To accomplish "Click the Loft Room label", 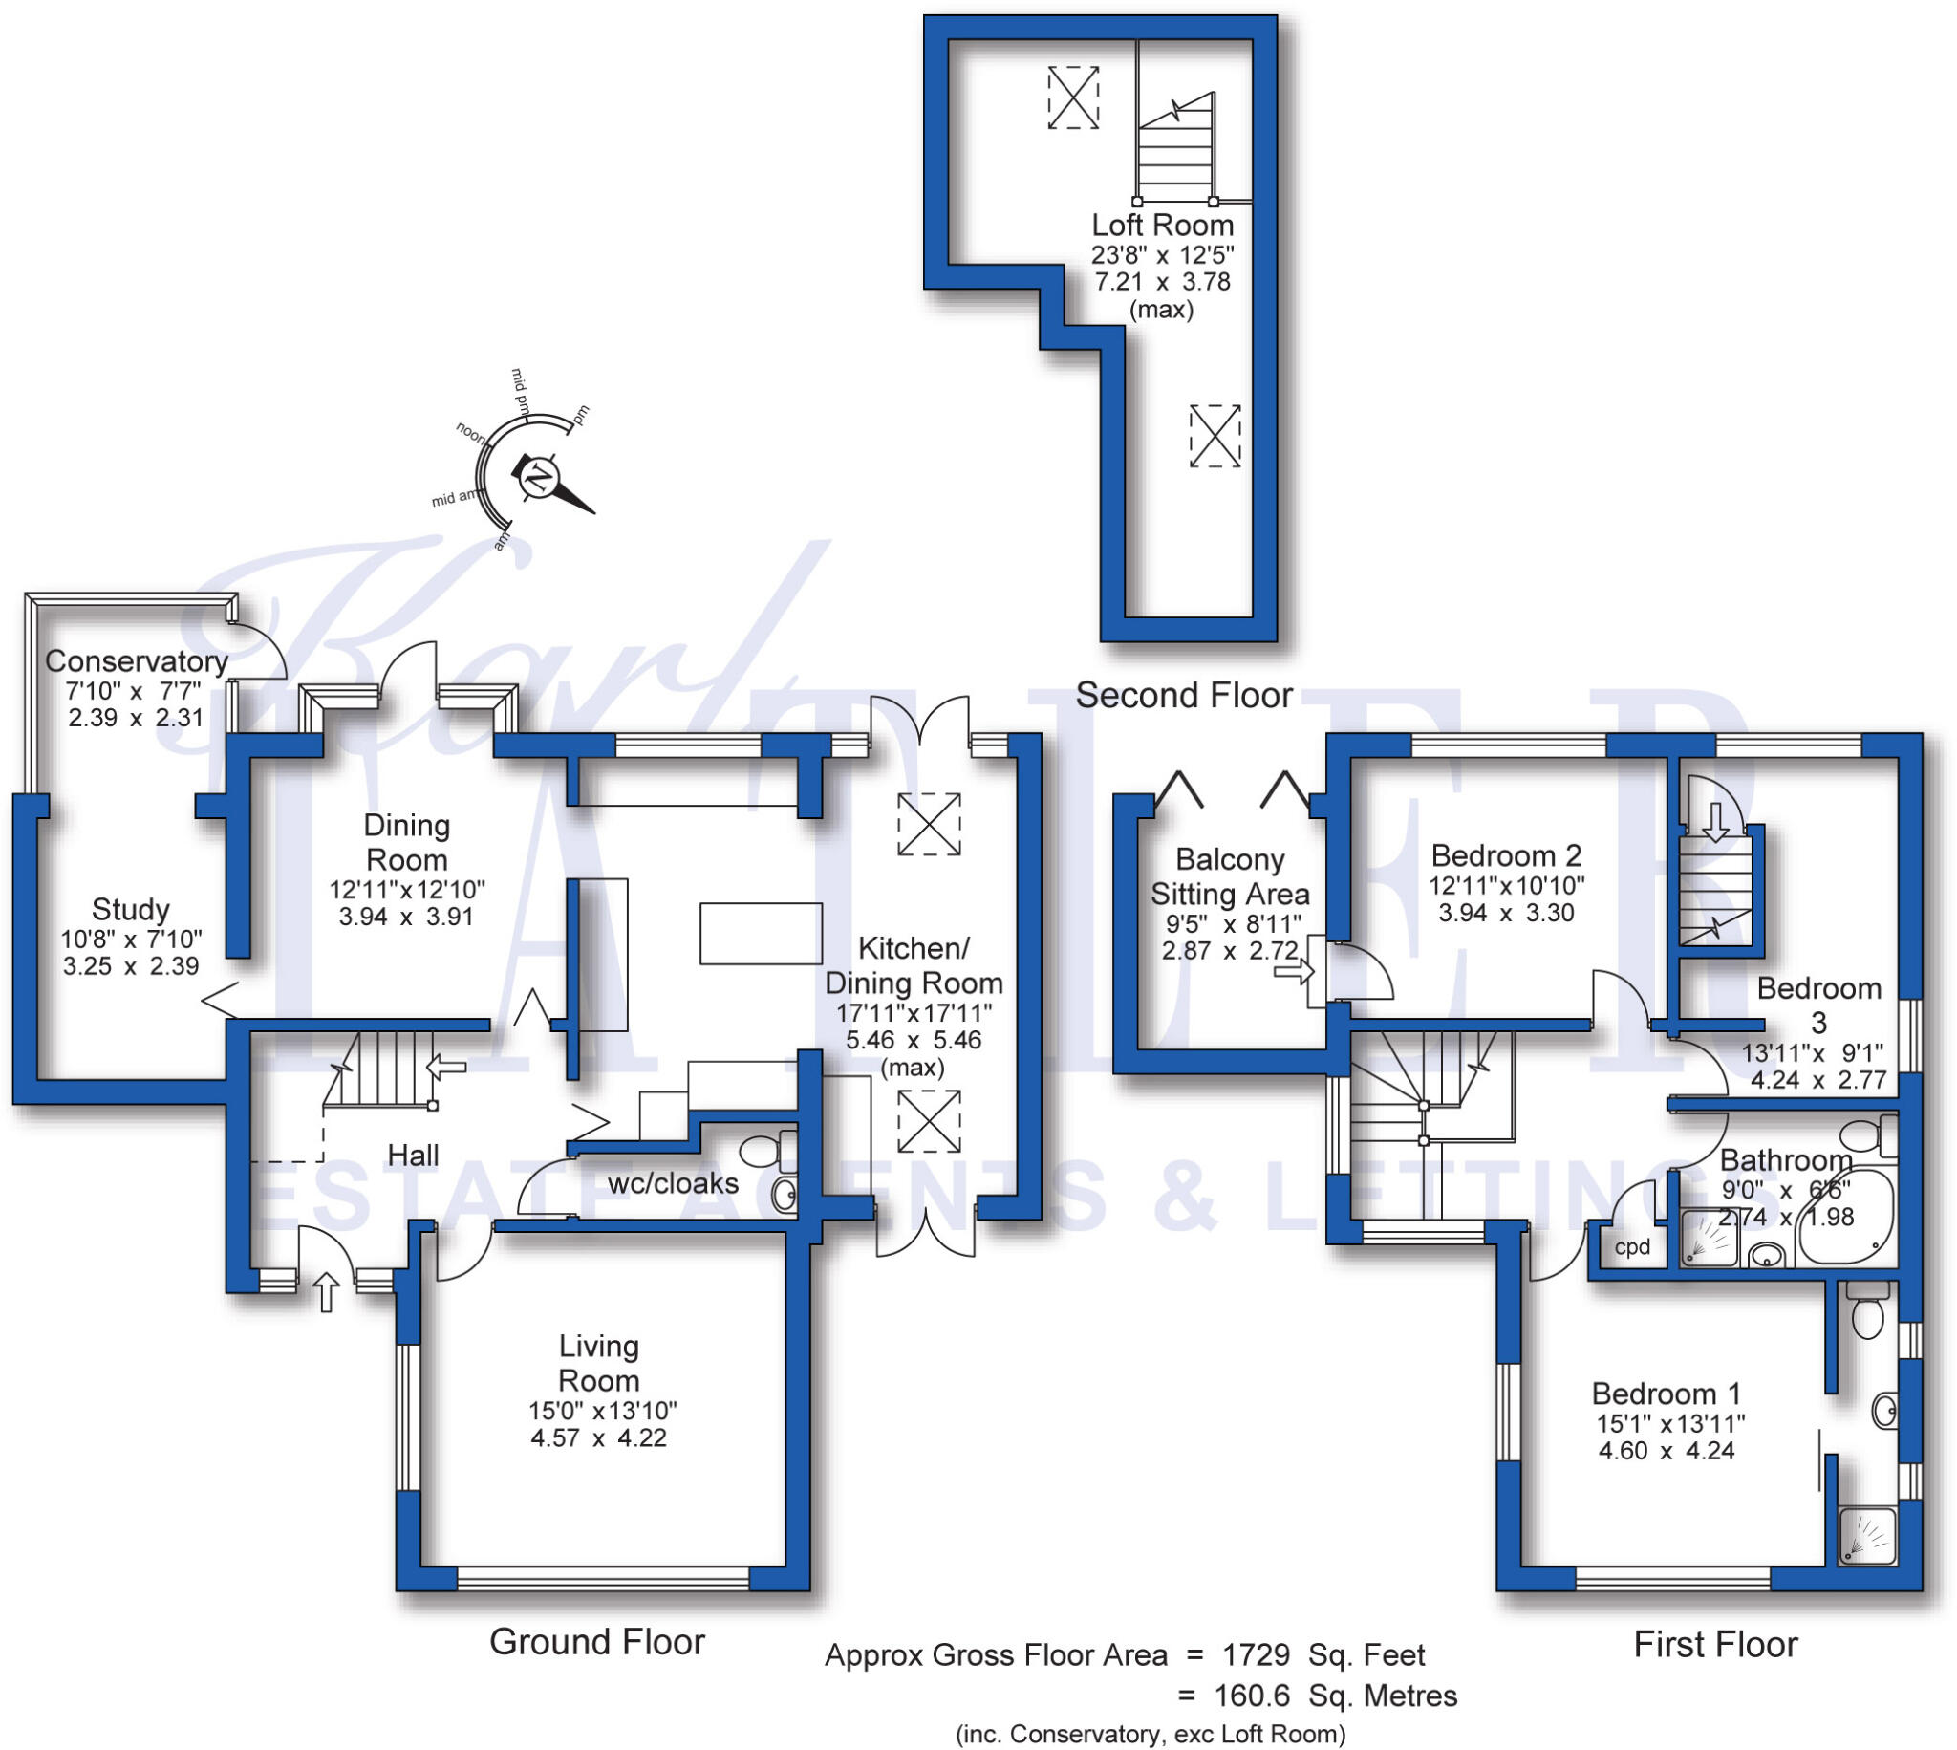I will (1161, 225).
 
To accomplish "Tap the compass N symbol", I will (539, 478).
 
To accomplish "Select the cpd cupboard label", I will (1631, 1248).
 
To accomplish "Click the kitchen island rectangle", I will (761, 933).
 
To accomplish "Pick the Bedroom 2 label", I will (1505, 854).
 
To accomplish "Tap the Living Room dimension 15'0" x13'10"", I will (602, 1411).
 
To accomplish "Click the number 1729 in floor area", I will (1256, 1655).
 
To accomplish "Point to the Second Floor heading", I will (1183, 695).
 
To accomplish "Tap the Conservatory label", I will (136, 661).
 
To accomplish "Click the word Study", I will (130, 909).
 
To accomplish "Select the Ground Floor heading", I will (597, 1641).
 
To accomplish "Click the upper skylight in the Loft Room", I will (1073, 97).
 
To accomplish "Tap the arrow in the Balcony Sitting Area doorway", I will (1293, 973).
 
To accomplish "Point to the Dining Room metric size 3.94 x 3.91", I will (405, 917).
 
